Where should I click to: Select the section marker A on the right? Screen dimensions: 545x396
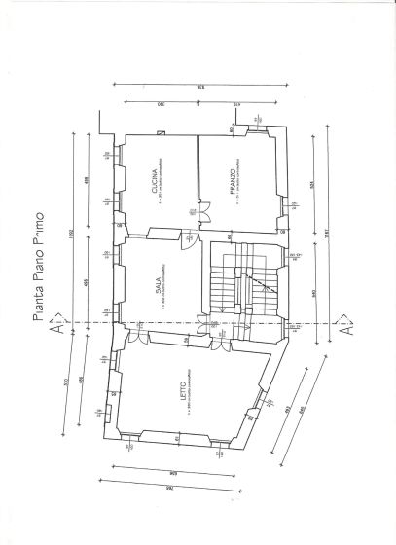pos(342,328)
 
